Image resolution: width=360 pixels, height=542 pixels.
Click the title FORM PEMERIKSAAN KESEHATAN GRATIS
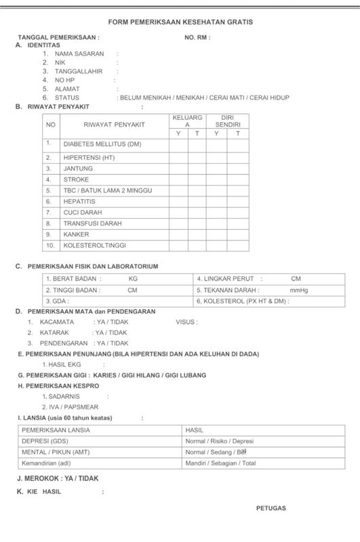pos(180,22)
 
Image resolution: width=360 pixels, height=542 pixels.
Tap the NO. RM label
pos(197,37)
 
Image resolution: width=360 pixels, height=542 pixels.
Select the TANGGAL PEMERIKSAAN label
pos(58,37)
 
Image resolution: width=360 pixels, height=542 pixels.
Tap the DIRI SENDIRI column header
pos(227,121)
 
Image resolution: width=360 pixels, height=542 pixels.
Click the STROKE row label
pos(76,180)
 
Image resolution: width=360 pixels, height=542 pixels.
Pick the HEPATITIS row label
pos(79,201)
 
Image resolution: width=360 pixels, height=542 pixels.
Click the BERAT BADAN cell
pos(73,278)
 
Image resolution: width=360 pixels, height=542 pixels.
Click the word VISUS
pos(186,322)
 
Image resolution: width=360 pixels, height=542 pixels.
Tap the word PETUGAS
pos(271,507)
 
